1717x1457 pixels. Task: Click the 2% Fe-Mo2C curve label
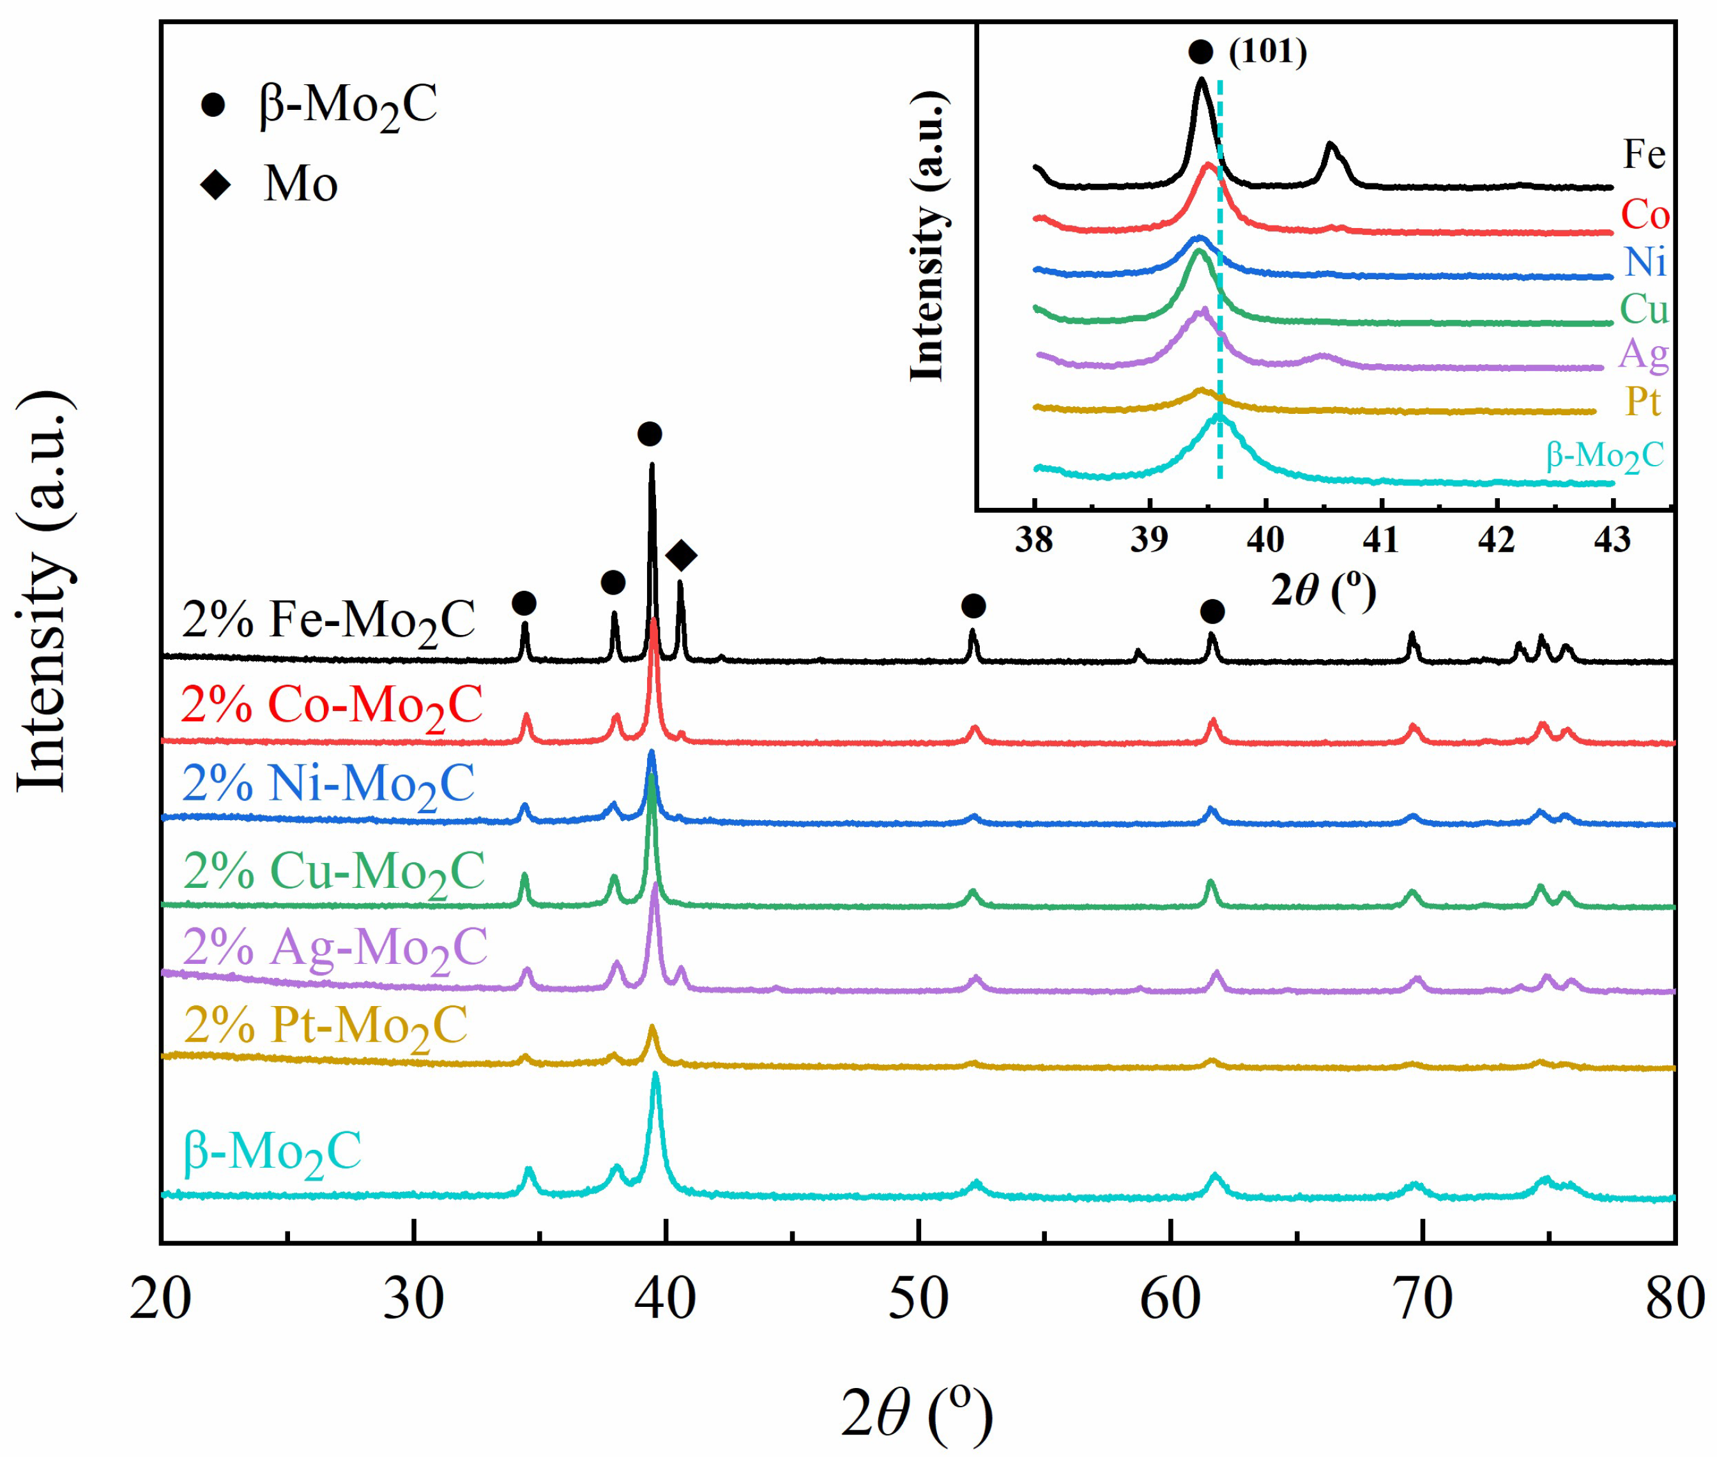[x=329, y=620]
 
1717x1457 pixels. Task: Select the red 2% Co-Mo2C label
[x=331, y=707]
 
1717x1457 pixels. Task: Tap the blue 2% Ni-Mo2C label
[x=329, y=784]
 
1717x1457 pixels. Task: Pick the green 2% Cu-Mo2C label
[x=333, y=872]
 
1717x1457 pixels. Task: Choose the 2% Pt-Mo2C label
[x=325, y=1026]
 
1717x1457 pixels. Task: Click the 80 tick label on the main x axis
[x=1673, y=1299]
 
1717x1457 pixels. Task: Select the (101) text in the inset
[x=1267, y=52]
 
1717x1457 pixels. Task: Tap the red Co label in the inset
[x=1644, y=215]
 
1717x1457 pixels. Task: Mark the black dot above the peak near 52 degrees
[x=973, y=606]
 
